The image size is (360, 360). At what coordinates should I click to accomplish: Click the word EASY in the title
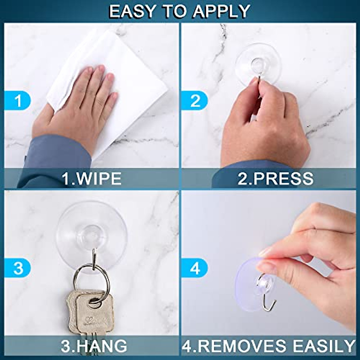click(130, 11)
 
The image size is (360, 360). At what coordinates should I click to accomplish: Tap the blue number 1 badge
click(18, 100)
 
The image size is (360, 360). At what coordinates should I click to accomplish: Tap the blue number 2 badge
click(195, 100)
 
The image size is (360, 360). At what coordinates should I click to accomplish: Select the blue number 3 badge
click(18, 268)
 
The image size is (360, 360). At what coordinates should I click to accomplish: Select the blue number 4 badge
click(195, 268)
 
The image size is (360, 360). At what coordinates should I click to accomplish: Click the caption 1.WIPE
click(91, 178)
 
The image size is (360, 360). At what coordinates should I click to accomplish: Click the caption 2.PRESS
click(275, 178)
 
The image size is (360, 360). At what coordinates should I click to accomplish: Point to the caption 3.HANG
click(94, 346)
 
